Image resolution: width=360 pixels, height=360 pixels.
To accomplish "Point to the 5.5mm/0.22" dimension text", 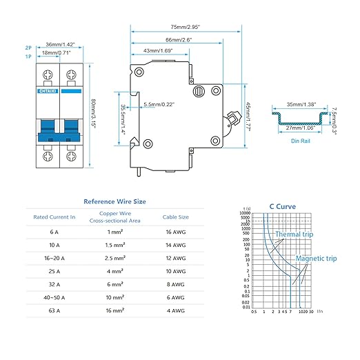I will (x=158, y=104).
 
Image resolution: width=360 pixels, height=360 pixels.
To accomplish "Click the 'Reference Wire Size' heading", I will (x=114, y=202).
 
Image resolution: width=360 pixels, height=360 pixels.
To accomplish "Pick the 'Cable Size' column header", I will (x=175, y=217).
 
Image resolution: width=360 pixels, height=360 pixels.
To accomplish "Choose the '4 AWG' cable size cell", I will (x=175, y=331).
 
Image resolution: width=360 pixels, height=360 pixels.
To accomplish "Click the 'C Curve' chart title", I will (x=281, y=206).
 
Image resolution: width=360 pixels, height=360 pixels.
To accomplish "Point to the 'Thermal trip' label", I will (x=297, y=234).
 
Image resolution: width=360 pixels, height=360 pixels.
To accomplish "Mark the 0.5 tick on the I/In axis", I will (x=254, y=312).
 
